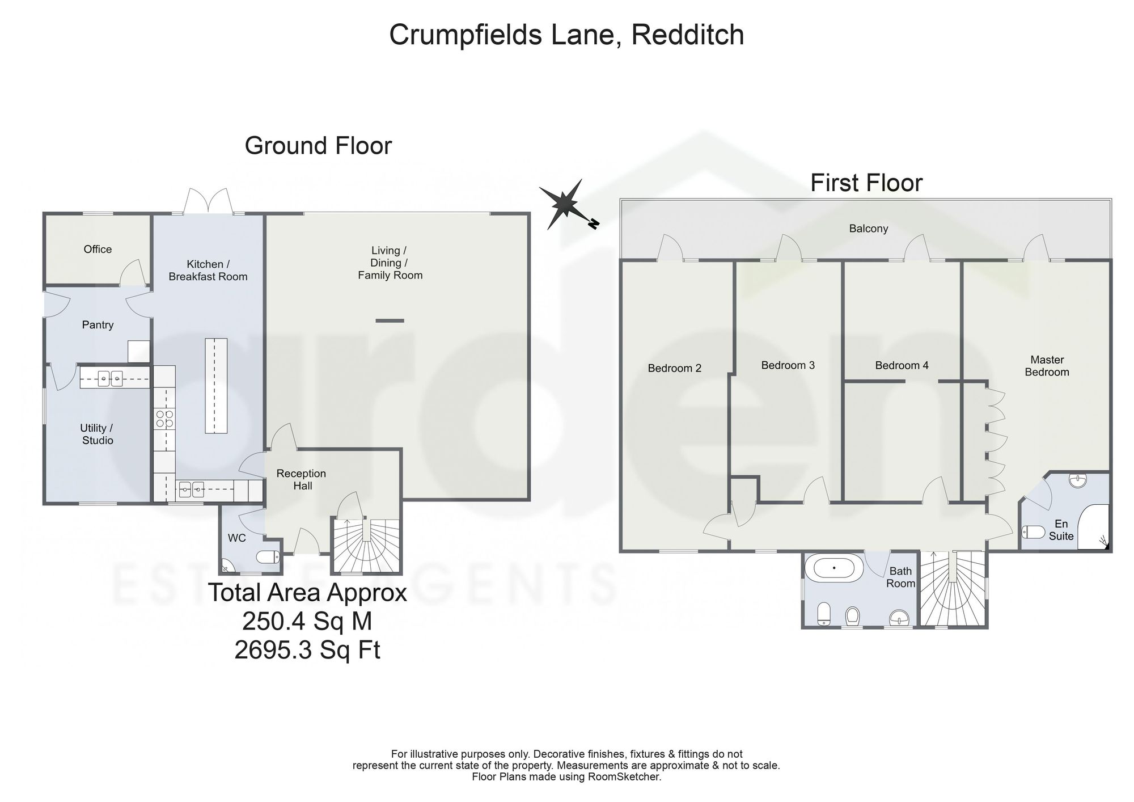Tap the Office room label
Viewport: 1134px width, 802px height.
[98, 249]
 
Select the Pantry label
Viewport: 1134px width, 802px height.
[98, 325]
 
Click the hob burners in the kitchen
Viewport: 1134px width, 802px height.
[164, 419]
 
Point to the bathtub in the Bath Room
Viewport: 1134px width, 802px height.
[835, 567]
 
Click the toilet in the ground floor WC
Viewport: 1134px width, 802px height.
[268, 557]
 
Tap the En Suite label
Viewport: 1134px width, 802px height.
[1061, 530]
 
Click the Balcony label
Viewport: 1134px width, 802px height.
[868, 229]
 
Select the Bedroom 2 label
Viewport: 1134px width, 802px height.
[674, 368]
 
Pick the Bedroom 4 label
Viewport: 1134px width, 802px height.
[902, 365]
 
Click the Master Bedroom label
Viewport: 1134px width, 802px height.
[1047, 366]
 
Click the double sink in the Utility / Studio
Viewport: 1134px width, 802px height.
[110, 378]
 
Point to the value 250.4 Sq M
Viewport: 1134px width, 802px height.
[307, 621]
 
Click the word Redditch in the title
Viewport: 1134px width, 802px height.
[687, 35]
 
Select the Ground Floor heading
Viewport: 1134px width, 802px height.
[318, 146]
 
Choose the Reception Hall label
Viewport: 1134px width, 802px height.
[301, 479]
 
